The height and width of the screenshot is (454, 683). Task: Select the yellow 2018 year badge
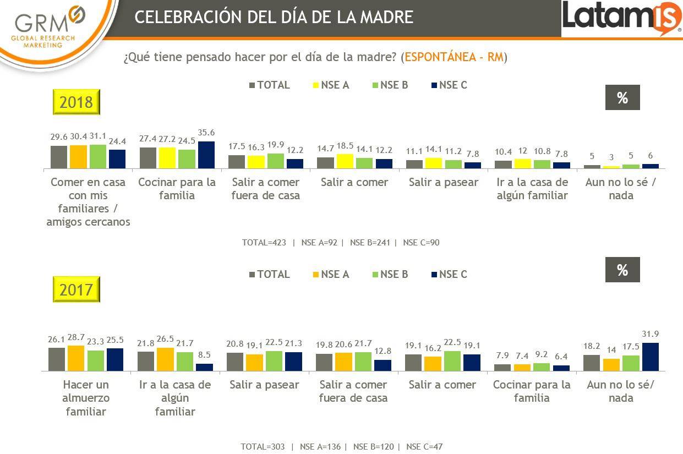pos(76,102)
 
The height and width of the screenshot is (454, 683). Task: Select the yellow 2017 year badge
pos(76,289)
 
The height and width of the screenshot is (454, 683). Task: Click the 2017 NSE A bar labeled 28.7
pos(76,359)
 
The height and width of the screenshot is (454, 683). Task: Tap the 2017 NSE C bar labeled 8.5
pos(204,368)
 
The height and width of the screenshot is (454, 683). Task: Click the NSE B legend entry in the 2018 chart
pos(390,85)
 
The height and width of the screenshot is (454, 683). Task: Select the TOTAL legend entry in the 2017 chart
pos(270,275)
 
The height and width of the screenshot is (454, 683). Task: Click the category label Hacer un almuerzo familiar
pos(86,398)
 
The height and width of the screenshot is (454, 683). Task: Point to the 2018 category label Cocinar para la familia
pos(177,189)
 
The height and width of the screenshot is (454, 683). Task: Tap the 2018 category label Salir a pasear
pos(443,182)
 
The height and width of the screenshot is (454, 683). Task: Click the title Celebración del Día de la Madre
pos(274,17)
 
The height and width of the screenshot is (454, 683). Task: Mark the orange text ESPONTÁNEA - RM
pos(454,57)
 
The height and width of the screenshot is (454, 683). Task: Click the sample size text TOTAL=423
pos(264,243)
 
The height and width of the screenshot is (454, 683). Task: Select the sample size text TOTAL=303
pos(263,447)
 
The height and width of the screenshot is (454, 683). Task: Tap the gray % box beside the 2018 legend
pos(622,98)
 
